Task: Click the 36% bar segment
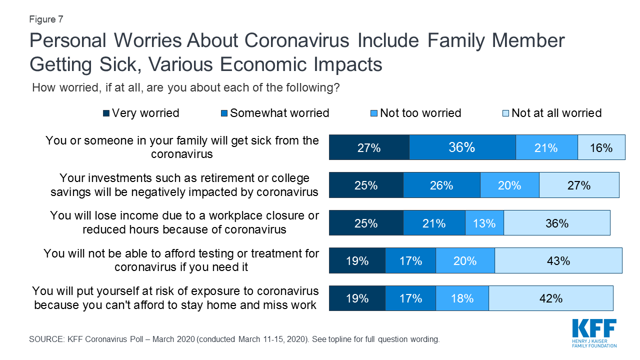(462, 147)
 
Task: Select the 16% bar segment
(601, 147)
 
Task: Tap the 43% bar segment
(558, 260)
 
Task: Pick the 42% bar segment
(550, 298)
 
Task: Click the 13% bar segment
(484, 223)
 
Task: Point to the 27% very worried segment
(369, 147)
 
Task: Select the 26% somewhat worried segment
(441, 185)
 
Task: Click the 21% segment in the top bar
(546, 147)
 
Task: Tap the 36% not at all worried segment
(556, 223)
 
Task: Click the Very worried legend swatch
(106, 113)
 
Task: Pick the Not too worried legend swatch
(374, 113)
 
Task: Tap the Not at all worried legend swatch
(505, 113)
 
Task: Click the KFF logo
(594, 332)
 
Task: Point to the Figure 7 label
(46, 19)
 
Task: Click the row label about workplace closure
(184, 222)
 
